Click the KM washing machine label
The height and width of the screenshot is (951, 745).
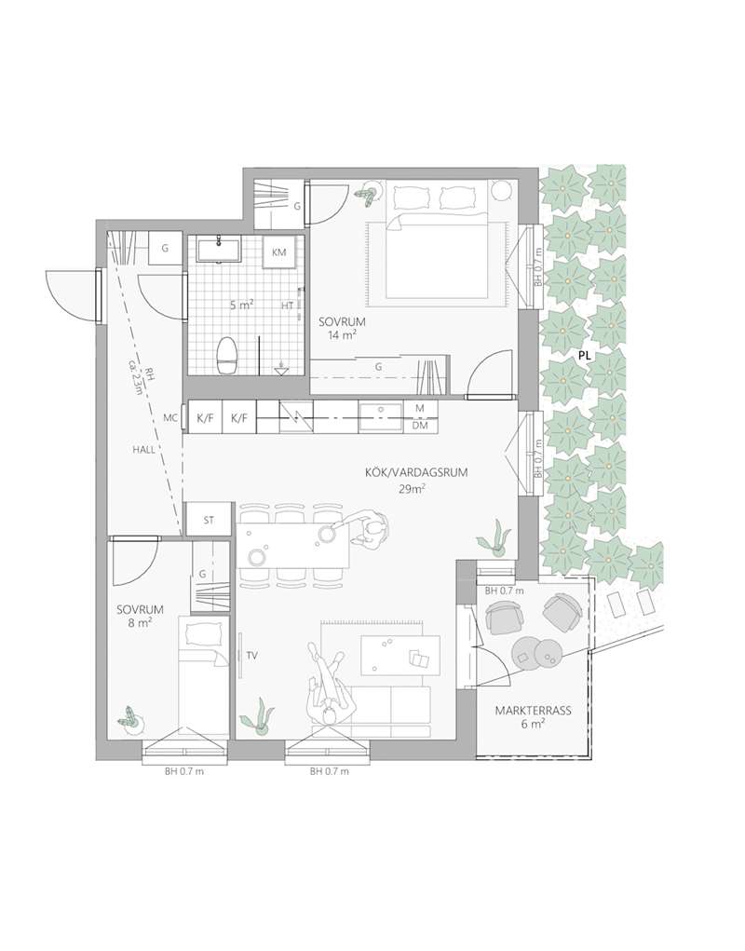point(278,252)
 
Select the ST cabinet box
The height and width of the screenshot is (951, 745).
point(209,520)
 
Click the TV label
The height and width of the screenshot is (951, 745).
point(252,655)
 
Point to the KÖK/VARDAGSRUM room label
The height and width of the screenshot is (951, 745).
point(416,473)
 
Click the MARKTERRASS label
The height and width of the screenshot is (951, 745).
point(533,710)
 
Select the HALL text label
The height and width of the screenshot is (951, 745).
point(144,450)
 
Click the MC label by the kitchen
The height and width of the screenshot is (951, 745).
point(170,418)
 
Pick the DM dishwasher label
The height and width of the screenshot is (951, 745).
point(420,426)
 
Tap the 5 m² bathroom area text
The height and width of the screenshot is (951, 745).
point(241,306)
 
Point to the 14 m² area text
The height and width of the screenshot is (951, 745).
point(343,333)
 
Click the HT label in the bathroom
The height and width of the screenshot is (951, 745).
point(287,306)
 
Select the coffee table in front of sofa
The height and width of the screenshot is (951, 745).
point(400,655)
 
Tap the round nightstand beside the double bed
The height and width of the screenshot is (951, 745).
point(501,191)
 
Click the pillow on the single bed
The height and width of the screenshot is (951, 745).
point(204,633)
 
